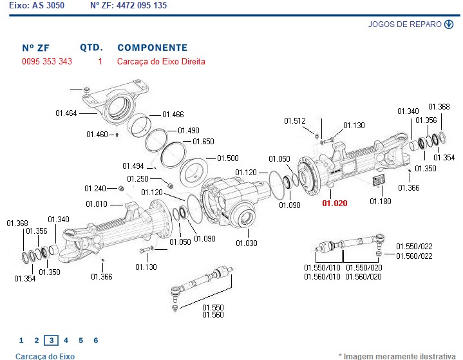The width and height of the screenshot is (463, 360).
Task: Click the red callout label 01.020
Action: (335, 203)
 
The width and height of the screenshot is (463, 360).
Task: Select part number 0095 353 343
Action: (47, 62)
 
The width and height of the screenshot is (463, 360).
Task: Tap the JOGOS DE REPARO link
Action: (405, 25)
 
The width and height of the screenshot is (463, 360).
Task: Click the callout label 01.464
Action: (66, 113)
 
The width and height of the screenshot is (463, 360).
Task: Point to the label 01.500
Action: (227, 158)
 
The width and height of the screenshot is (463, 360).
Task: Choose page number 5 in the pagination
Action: (80, 340)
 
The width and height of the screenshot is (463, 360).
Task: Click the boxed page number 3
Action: (51, 340)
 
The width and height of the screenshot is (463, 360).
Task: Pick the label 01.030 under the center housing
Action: (246, 243)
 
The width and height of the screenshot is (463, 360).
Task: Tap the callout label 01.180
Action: (381, 202)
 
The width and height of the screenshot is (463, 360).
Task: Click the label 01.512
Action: (295, 120)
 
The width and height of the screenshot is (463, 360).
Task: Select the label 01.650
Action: (203, 142)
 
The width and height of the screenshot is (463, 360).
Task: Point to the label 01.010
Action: (97, 204)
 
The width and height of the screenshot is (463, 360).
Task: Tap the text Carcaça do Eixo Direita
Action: (161, 62)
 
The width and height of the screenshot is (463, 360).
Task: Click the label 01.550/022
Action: (414, 246)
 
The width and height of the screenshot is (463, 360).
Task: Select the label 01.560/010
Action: (323, 277)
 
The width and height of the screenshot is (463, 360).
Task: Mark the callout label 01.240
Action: (95, 189)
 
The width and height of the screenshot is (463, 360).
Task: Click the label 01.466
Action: (173, 114)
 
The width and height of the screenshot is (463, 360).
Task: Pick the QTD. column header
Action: (91, 48)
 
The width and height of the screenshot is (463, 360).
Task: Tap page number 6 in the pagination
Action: (96, 340)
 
